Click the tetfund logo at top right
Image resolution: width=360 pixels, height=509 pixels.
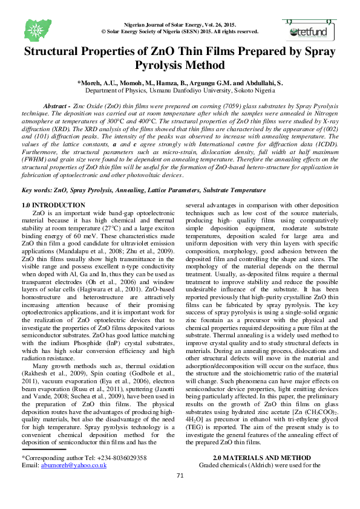[308, 27]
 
